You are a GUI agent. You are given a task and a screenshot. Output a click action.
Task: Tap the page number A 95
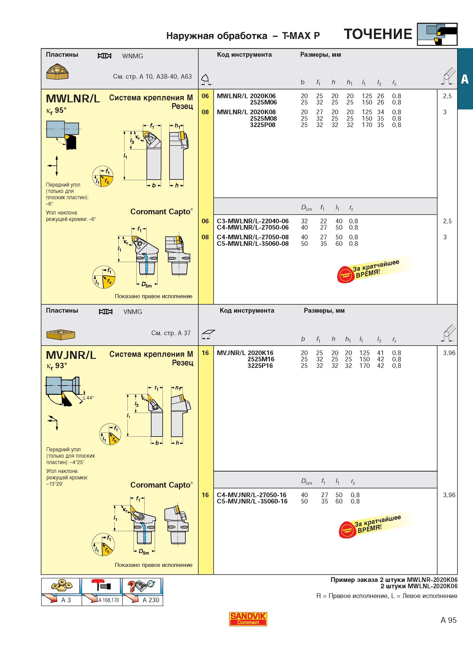tap(449, 620)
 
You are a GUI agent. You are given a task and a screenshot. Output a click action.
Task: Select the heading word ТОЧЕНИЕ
tap(378, 34)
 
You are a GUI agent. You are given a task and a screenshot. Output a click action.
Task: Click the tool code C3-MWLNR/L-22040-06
tap(253, 221)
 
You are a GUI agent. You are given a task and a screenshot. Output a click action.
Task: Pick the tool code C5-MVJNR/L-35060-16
tap(252, 501)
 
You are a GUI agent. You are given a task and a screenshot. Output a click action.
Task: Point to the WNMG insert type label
tap(133, 56)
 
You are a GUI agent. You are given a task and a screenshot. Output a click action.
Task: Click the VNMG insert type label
tap(133, 312)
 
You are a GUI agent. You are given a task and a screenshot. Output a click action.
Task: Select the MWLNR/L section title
tap(73, 99)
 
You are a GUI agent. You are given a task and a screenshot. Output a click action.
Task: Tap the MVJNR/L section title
tap(71, 355)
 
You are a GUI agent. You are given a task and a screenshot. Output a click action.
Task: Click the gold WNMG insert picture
tap(57, 72)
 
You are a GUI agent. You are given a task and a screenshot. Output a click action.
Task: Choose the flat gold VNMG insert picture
tap(61, 334)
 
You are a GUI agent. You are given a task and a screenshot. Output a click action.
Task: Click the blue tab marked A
tap(465, 79)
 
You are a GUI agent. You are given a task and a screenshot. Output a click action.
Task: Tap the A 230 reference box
tap(143, 592)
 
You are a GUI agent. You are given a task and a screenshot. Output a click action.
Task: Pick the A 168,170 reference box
tap(102, 592)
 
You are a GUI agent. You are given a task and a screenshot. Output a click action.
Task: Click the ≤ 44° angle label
tap(88, 398)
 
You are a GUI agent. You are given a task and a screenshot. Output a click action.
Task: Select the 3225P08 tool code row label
tap(263, 125)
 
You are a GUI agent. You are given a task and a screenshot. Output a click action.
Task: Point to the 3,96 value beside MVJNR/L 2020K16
tap(449, 353)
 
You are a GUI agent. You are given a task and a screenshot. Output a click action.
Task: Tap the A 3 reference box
tap(61, 592)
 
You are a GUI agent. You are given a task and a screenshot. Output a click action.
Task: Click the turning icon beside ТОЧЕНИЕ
tap(437, 34)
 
